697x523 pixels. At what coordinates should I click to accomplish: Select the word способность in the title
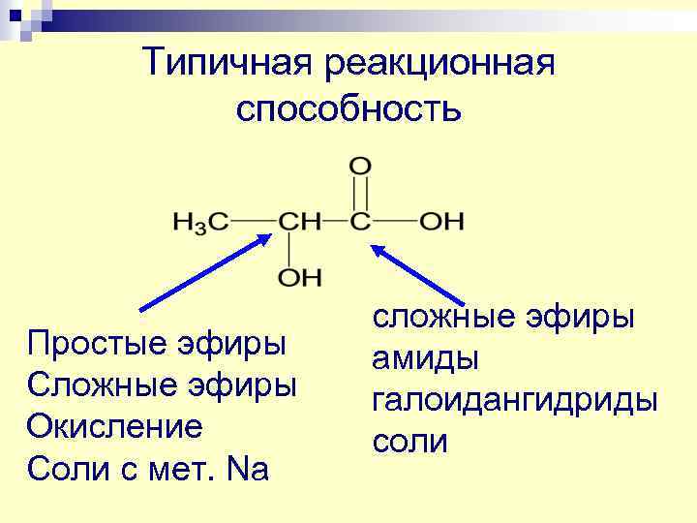tap(348, 108)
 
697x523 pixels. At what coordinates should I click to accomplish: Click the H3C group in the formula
tap(200, 222)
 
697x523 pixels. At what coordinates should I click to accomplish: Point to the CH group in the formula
tap(299, 222)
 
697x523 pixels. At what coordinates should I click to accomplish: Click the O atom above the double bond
tap(360, 166)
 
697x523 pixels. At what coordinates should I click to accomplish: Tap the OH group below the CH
tap(299, 278)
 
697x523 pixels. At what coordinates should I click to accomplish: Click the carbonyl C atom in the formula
tap(360, 222)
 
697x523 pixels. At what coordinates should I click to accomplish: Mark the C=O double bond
tap(360, 194)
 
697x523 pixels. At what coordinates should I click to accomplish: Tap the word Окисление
tap(115, 426)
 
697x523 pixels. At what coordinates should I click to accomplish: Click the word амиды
tap(425, 358)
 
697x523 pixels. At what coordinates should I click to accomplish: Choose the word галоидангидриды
tap(514, 400)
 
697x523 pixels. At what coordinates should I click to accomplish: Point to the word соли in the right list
tap(409, 442)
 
